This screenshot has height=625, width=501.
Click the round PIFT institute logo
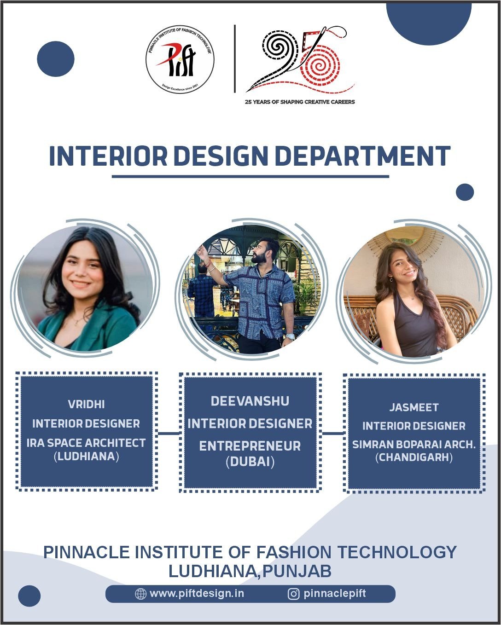(x=180, y=59)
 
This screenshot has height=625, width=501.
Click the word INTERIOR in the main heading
(x=108, y=156)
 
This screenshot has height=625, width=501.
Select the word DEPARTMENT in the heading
(x=363, y=156)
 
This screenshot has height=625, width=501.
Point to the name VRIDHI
(x=86, y=404)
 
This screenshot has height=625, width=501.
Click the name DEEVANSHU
(x=250, y=401)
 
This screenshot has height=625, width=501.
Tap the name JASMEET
(x=414, y=407)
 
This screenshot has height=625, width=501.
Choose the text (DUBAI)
(x=250, y=462)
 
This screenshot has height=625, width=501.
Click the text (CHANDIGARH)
(x=414, y=457)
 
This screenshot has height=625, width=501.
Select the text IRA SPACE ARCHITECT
(x=86, y=443)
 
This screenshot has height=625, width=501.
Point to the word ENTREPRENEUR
(x=250, y=446)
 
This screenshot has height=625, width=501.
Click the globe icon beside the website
(x=140, y=594)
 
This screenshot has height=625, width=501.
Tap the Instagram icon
(x=293, y=594)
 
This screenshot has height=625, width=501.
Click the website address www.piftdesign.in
(x=197, y=593)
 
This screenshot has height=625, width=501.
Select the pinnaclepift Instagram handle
(x=334, y=593)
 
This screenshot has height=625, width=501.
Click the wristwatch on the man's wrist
(x=290, y=336)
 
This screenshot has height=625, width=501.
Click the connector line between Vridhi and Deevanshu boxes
(x=169, y=434)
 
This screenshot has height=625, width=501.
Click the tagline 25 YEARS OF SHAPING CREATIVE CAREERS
(x=300, y=102)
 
